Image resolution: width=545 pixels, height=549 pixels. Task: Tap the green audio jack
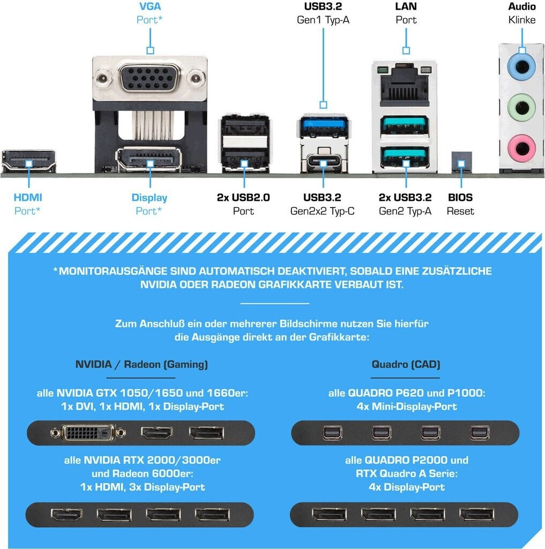521,107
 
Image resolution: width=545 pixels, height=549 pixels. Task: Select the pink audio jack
521,146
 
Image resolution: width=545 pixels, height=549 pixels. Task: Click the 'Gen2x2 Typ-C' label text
322,211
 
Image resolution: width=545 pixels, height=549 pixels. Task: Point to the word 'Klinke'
522,20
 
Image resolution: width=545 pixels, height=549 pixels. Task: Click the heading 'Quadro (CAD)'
406,365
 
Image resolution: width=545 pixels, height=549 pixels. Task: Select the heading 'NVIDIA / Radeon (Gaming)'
141,365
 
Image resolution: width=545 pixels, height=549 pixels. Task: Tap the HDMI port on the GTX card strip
156,433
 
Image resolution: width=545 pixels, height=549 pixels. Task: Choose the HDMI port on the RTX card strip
66,515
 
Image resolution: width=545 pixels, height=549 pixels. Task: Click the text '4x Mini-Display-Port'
406,406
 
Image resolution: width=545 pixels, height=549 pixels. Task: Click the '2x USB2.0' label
243,197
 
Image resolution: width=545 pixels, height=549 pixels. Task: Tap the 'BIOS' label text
460,197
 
